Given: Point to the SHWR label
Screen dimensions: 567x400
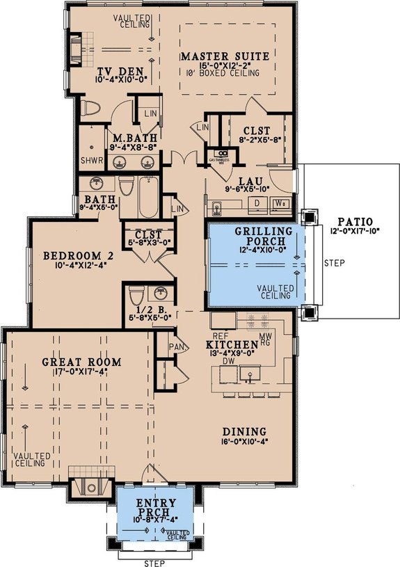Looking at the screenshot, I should pos(90,159).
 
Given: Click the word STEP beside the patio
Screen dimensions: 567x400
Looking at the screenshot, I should pos(334,264).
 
